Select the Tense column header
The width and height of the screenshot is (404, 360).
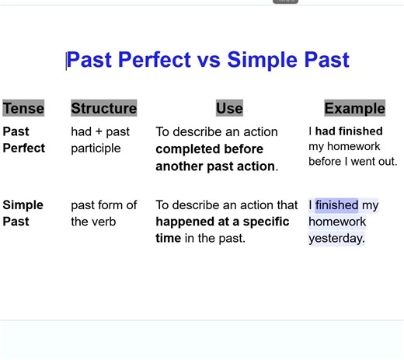(x=23, y=108)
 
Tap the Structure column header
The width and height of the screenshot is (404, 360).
(x=103, y=108)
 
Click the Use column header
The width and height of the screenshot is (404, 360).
(x=229, y=108)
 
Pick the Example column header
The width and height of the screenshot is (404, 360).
(x=354, y=108)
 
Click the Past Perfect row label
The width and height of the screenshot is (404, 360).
(x=24, y=140)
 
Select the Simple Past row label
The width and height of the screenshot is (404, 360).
(x=23, y=213)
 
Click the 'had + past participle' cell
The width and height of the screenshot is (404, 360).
(x=100, y=140)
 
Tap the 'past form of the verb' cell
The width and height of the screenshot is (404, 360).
(x=103, y=213)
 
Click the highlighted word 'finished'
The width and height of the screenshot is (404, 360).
(x=336, y=205)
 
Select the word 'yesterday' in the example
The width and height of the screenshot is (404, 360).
(x=336, y=239)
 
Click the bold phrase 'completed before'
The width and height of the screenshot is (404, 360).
(x=209, y=149)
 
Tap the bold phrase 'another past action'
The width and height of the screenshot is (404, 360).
(x=215, y=166)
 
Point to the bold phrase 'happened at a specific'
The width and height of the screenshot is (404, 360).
(x=222, y=222)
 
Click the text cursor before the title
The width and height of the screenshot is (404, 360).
(x=67, y=60)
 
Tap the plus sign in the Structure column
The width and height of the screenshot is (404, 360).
(x=101, y=131)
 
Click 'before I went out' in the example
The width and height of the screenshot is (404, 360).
(x=353, y=162)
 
